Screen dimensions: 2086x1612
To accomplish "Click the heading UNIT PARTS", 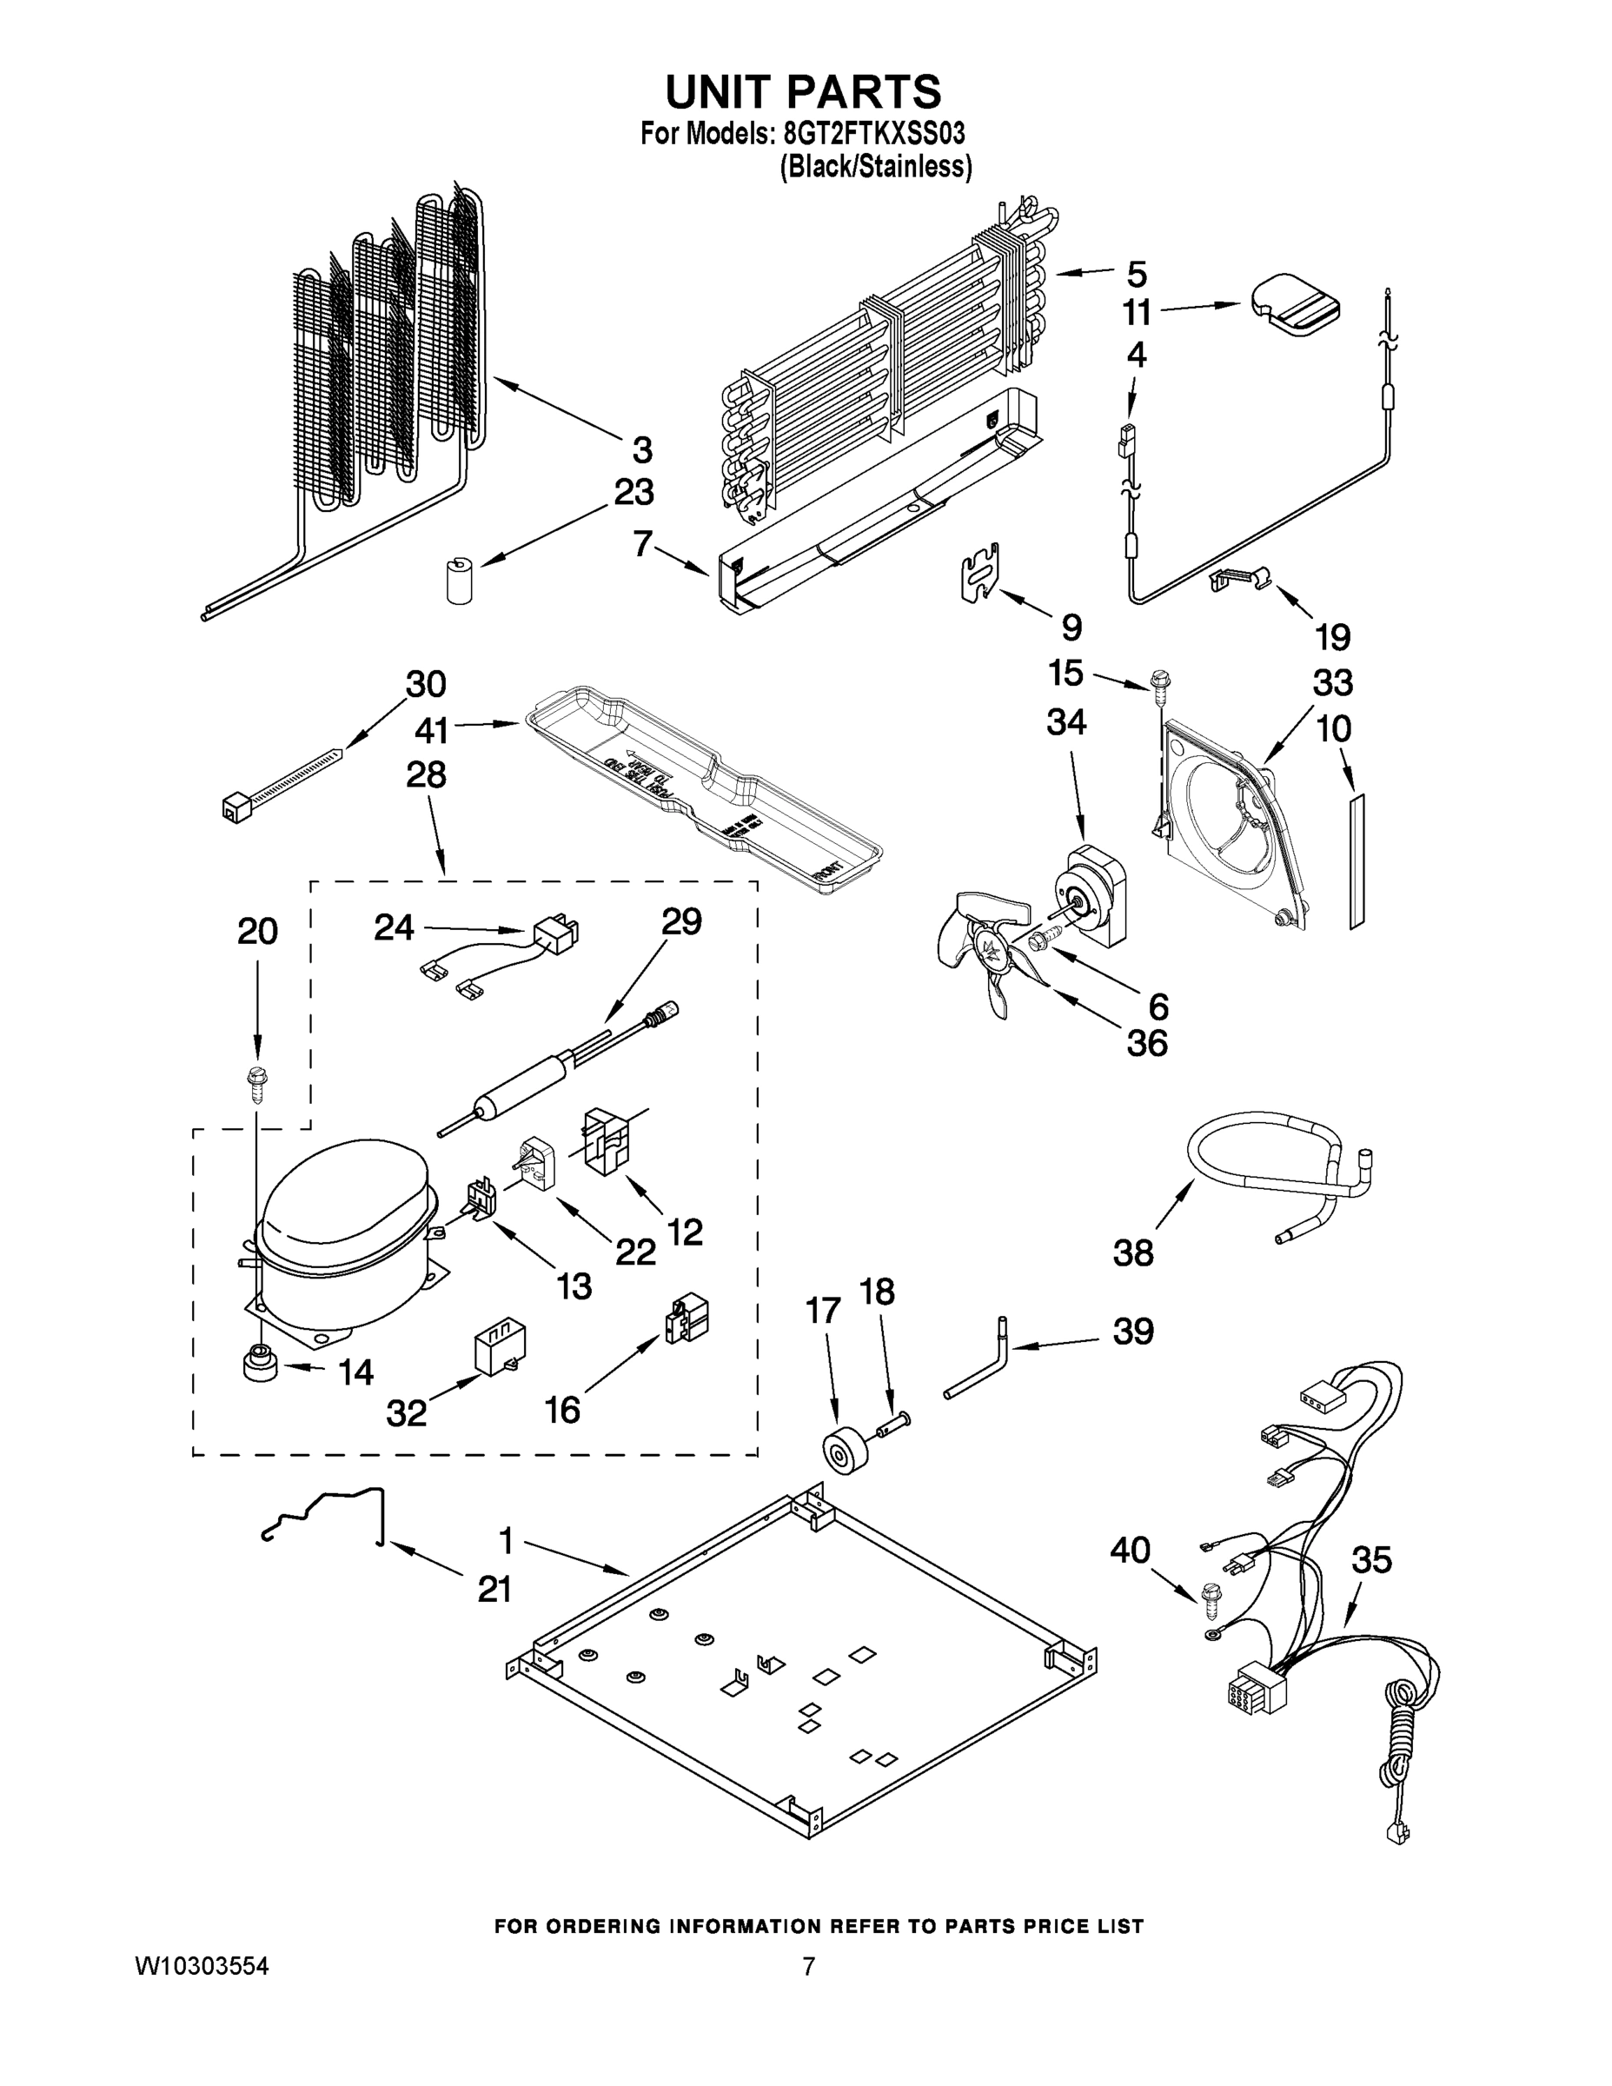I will click(803, 93).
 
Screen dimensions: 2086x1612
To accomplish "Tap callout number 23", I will click(634, 494).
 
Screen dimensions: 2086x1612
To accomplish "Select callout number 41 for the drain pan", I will click(432, 732).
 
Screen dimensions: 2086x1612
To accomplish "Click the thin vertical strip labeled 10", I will click(1357, 860).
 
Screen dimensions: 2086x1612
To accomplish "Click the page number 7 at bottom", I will click(808, 1968).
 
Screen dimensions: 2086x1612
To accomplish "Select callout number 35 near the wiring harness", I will click(1371, 1561).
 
